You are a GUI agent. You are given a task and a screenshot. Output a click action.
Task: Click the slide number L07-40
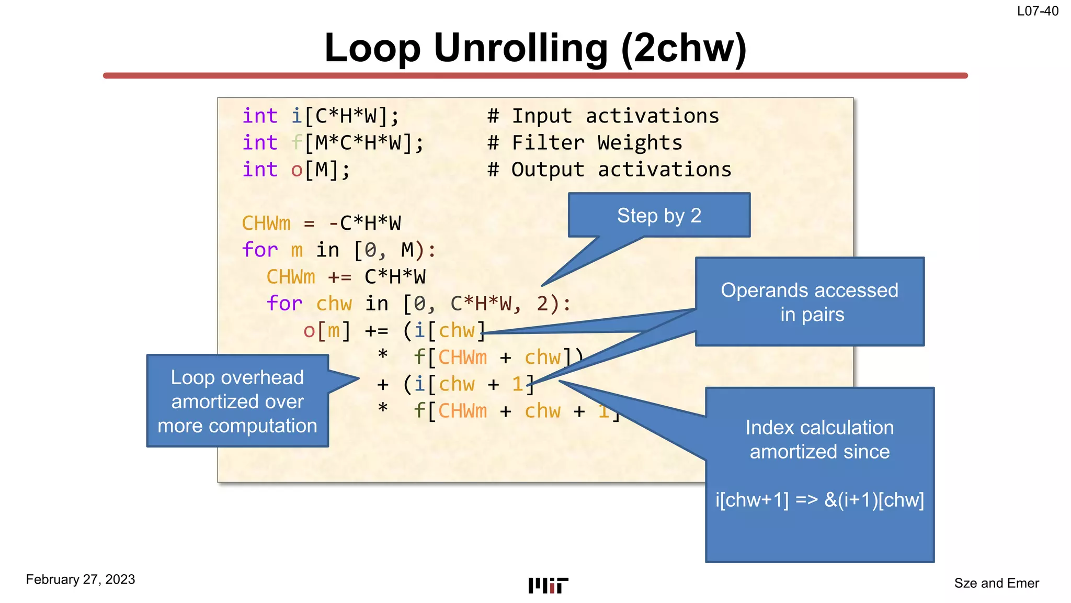pos(1038,11)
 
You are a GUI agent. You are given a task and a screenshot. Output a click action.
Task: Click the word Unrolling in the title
pos(521,48)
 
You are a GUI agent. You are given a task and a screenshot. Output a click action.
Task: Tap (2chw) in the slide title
pos(683,48)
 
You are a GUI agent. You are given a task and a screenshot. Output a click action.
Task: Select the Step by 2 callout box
pos(659,215)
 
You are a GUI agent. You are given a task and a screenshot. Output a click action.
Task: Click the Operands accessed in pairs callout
pos(810,302)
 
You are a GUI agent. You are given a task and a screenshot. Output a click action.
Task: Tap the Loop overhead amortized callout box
pos(237,401)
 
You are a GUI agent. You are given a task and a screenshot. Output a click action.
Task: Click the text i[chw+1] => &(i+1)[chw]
pos(819,500)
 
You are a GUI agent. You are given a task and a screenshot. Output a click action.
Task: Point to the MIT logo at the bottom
pos(548,585)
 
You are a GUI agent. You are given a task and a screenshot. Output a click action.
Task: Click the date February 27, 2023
pos(81,579)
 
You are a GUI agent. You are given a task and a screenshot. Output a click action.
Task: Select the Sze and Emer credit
pos(996,583)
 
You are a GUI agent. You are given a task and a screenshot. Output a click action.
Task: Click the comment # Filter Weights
pos(585,143)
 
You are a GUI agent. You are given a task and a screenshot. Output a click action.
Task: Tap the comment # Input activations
pos(603,116)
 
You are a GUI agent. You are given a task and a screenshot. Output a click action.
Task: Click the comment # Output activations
pos(609,170)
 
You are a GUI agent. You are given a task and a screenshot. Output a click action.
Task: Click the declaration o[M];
pos(321,170)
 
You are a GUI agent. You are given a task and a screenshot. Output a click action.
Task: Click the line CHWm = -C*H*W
pos(321,224)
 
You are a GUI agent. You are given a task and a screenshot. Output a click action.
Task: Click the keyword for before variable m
pos(259,250)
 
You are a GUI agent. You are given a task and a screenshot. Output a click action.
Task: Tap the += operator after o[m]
pos(377,331)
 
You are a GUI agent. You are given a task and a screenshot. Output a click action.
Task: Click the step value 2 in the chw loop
pos(542,304)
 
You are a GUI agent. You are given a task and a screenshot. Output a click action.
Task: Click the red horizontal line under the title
pos(535,76)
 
